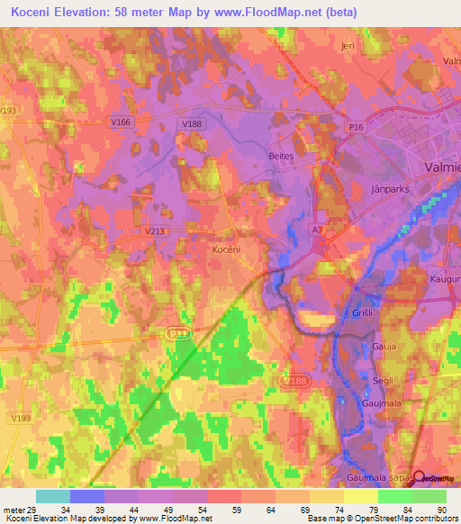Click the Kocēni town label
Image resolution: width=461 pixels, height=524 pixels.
pyautogui.click(x=225, y=248)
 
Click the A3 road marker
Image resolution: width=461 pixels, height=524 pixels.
pyautogui.click(x=317, y=230)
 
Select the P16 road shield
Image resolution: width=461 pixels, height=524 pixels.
pyautogui.click(x=357, y=129)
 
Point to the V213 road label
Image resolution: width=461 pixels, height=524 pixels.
pyautogui.click(x=155, y=230)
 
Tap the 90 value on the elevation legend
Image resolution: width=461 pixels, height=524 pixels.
pyautogui.click(x=441, y=509)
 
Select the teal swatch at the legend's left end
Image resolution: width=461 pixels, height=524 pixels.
pyautogui.click(x=52, y=496)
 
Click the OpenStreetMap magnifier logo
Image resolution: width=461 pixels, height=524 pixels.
pyautogui.click(x=419, y=477)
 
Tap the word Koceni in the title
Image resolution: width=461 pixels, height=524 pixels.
pyautogui.click(x=34, y=12)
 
